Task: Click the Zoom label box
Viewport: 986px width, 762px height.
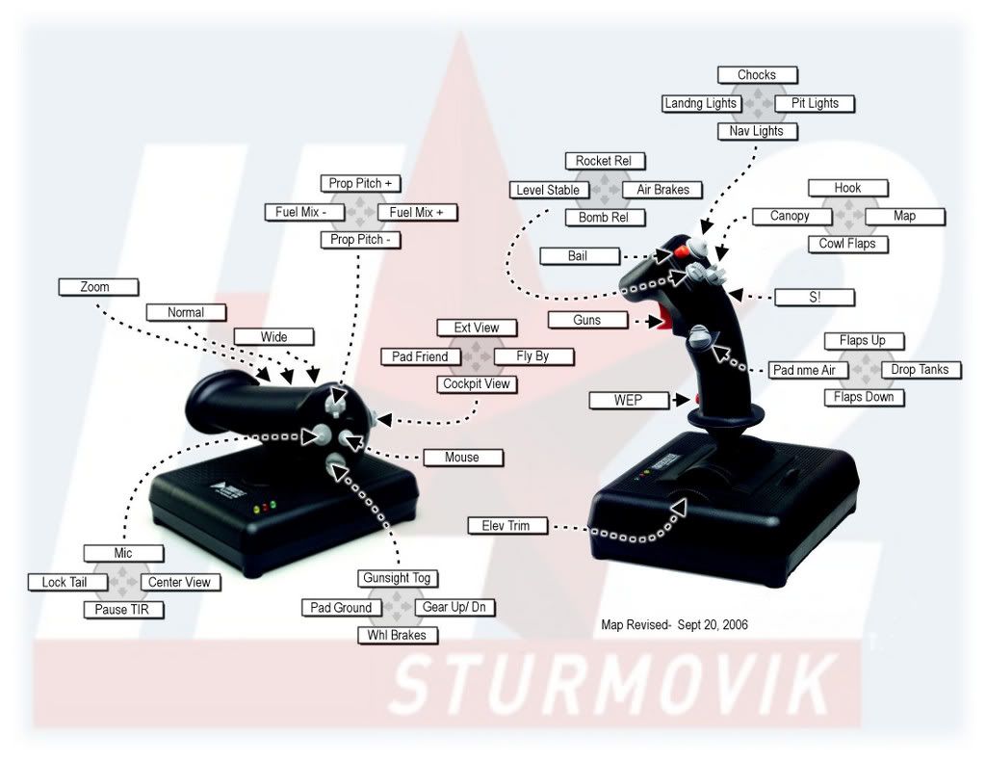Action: tap(97, 287)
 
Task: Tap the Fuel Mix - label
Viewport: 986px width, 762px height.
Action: tap(303, 212)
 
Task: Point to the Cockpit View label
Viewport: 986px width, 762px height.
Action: tap(476, 384)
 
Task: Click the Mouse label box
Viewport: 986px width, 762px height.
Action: tap(461, 457)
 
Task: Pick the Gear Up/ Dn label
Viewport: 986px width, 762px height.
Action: tap(454, 608)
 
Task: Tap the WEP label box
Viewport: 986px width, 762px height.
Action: tap(628, 400)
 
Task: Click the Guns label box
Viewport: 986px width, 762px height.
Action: tap(586, 320)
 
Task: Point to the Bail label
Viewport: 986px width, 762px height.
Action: tap(577, 256)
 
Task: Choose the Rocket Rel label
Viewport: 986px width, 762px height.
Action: tap(605, 161)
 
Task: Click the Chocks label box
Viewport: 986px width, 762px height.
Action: tap(757, 75)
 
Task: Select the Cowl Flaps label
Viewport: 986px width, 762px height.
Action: tap(847, 244)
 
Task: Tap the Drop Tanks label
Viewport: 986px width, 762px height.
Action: tap(920, 369)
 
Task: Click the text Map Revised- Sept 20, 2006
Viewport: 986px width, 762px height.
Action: tap(674, 625)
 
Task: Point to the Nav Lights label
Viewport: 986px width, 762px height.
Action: tap(757, 131)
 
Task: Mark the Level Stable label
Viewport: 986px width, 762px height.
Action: tap(548, 190)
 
